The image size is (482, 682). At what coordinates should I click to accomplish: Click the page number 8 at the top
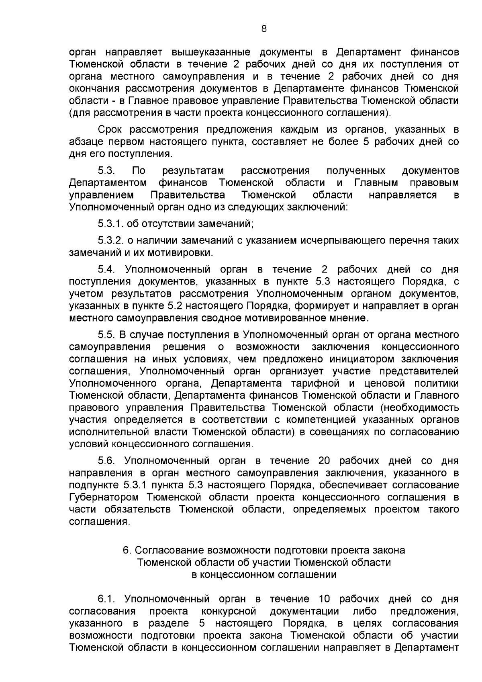pyautogui.click(x=263, y=29)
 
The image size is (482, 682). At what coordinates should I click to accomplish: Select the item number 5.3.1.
pyautogui.click(x=110, y=223)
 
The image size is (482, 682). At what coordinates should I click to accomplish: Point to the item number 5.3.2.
pyautogui.click(x=110, y=240)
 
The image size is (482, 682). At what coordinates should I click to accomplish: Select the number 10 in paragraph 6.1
pyautogui.click(x=324, y=599)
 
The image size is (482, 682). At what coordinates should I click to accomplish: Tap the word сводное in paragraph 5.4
pyautogui.click(x=226, y=318)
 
